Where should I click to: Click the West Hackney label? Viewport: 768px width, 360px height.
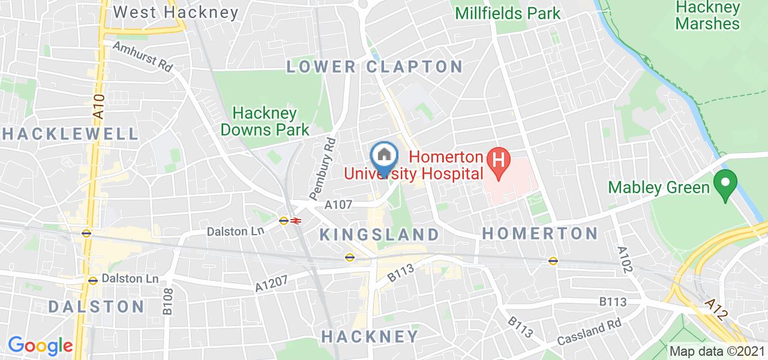tap(176, 12)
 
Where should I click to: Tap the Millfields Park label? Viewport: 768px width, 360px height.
tap(508, 13)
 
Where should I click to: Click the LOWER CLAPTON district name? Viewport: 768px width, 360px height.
tap(374, 66)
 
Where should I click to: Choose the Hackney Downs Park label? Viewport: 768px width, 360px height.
tap(265, 121)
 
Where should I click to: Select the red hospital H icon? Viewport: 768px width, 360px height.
tap(498, 160)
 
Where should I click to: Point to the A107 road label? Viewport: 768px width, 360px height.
tap(338, 205)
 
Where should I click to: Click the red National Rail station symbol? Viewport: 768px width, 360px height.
tap(295, 221)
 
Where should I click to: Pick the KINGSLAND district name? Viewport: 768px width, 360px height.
tap(379, 234)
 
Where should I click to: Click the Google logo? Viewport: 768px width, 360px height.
tap(40, 346)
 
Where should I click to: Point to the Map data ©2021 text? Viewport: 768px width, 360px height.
tap(717, 351)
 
